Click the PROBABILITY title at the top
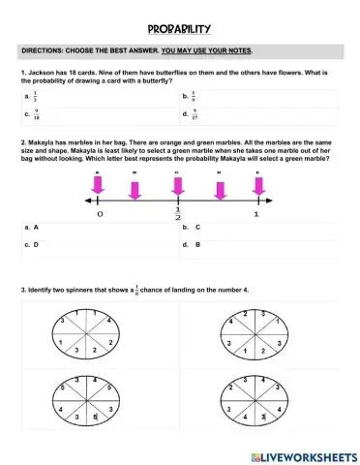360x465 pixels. click(180, 29)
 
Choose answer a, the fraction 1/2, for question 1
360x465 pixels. click(36, 97)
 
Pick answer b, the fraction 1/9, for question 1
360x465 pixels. click(193, 97)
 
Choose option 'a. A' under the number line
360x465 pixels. click(33, 228)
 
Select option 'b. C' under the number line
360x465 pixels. click(192, 228)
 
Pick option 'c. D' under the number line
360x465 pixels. click(33, 245)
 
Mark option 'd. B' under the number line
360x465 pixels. click(192, 245)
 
